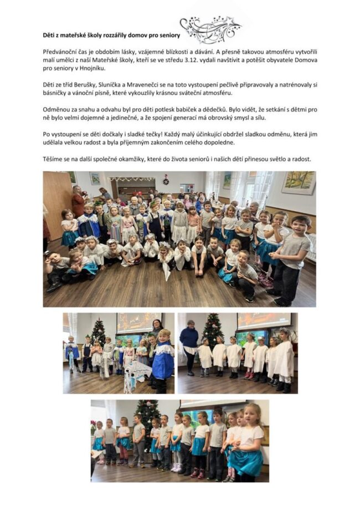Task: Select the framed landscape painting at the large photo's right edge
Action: (298, 182)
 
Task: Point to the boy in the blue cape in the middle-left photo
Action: (163, 360)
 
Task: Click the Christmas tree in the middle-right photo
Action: (212, 330)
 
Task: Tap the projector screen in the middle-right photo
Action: (264, 322)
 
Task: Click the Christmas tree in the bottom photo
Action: (147, 416)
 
